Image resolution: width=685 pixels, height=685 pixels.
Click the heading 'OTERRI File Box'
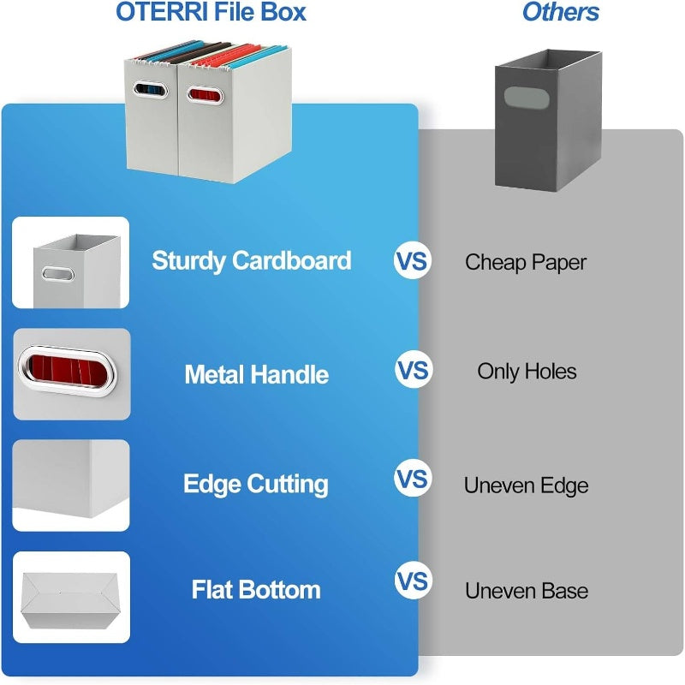click(211, 13)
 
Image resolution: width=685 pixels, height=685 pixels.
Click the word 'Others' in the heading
click(560, 13)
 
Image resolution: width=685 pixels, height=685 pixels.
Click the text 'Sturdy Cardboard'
click(252, 260)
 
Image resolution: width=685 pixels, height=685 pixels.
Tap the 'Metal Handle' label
click(256, 374)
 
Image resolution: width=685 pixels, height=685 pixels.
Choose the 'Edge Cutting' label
click(255, 484)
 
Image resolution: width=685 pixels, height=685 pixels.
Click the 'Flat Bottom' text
click(255, 590)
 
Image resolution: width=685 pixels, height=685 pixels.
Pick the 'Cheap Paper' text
click(526, 262)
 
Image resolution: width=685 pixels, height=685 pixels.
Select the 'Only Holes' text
click(527, 372)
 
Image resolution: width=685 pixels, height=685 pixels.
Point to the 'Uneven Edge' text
click(526, 485)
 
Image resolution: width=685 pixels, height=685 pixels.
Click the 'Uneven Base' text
click(527, 591)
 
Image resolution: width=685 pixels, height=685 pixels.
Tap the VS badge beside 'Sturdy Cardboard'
click(412, 261)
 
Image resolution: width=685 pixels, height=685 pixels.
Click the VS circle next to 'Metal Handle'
click(413, 371)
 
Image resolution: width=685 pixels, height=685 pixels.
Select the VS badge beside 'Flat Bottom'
click(413, 582)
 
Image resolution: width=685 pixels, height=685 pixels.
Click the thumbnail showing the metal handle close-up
click(72, 374)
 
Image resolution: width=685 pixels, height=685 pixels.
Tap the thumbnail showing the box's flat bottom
click(72, 597)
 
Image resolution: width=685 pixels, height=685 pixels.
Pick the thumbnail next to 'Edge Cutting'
click(72, 485)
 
